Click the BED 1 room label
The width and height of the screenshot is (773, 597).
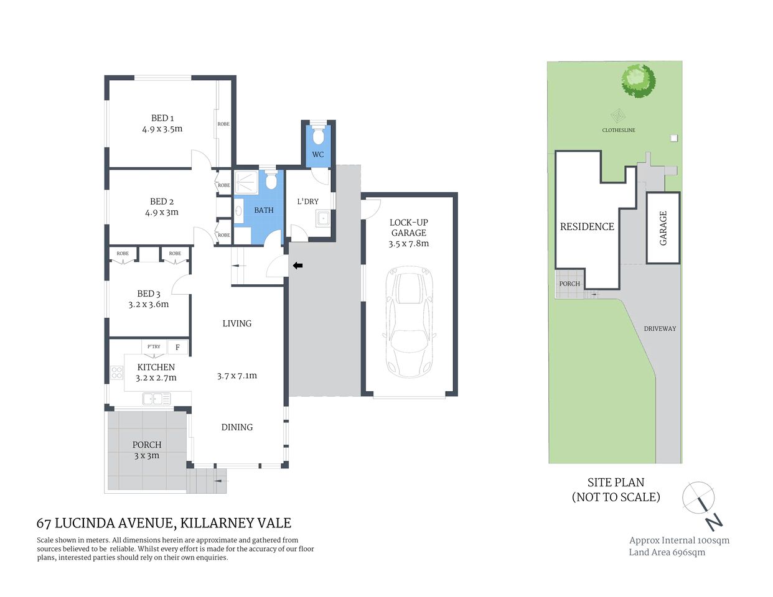point(162,118)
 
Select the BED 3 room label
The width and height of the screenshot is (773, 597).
point(149,294)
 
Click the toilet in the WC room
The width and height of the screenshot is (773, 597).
point(318,136)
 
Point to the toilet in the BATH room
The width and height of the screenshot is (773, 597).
point(271,181)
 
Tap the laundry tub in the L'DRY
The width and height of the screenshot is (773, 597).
point(323,218)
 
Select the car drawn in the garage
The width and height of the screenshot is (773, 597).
point(409,322)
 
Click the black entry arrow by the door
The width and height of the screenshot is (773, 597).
point(297,266)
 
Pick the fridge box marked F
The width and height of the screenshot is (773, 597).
point(177,347)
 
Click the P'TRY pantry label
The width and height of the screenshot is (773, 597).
point(153,346)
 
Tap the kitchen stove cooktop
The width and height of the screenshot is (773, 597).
point(116,373)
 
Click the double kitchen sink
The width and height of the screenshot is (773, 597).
point(157,399)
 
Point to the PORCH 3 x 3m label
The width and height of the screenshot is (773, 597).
point(147,450)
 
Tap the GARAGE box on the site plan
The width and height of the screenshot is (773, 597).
point(663,228)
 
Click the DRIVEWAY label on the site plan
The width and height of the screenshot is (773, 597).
point(660,328)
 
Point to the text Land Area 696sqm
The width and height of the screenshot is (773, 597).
point(667,552)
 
